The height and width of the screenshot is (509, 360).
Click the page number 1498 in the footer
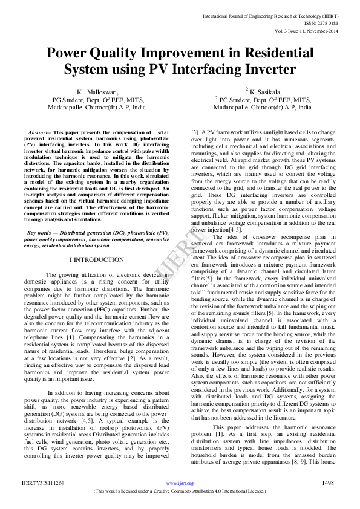[x=327, y=483]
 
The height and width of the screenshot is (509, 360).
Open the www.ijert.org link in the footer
[x=180, y=484]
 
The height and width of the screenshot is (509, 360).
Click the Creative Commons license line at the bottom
[x=180, y=491]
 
